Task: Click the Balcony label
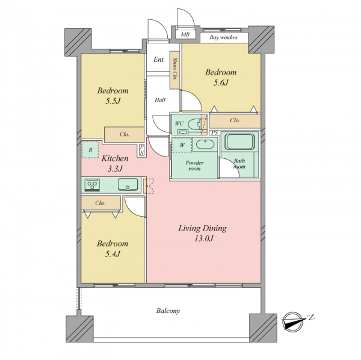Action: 168,311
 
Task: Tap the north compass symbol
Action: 293,321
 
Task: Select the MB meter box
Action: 185,34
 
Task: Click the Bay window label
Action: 224,37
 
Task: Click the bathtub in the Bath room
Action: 239,141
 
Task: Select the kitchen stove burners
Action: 92,185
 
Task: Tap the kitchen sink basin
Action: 128,184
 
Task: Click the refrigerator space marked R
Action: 90,150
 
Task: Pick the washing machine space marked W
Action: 182,145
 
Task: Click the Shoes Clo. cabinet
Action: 174,70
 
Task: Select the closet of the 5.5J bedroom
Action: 125,134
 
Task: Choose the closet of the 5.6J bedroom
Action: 235,120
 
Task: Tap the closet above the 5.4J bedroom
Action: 100,203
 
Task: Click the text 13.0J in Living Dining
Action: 204,238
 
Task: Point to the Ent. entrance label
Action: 159,60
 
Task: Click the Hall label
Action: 160,100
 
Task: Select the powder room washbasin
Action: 205,144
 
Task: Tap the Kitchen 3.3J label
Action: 115,164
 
